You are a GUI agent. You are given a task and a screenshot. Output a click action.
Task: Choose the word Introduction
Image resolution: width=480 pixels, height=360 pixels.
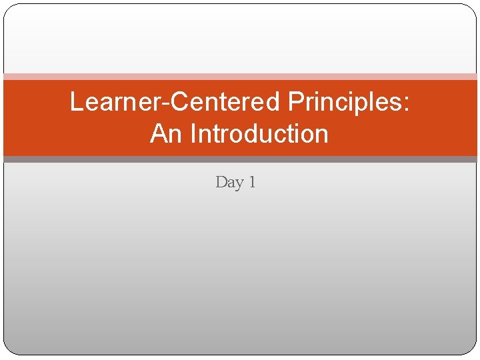[259, 134]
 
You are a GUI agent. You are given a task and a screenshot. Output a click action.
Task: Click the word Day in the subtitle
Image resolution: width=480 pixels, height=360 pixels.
[229, 182]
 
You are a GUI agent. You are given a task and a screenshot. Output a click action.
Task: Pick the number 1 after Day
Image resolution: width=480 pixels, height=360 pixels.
[251, 181]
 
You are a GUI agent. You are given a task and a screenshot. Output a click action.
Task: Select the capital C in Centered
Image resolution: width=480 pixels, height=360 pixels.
[182, 103]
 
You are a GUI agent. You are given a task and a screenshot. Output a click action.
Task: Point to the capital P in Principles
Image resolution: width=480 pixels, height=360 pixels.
[295, 103]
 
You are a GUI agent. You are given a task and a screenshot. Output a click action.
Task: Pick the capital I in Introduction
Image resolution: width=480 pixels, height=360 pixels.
[193, 134]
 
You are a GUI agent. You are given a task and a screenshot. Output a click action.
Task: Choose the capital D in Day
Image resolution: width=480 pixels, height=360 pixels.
[221, 181]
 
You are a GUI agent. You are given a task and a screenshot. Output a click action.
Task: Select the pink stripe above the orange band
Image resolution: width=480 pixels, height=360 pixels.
[240, 77]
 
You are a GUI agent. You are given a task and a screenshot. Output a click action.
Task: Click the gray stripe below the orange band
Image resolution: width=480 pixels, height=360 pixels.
[240, 159]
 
